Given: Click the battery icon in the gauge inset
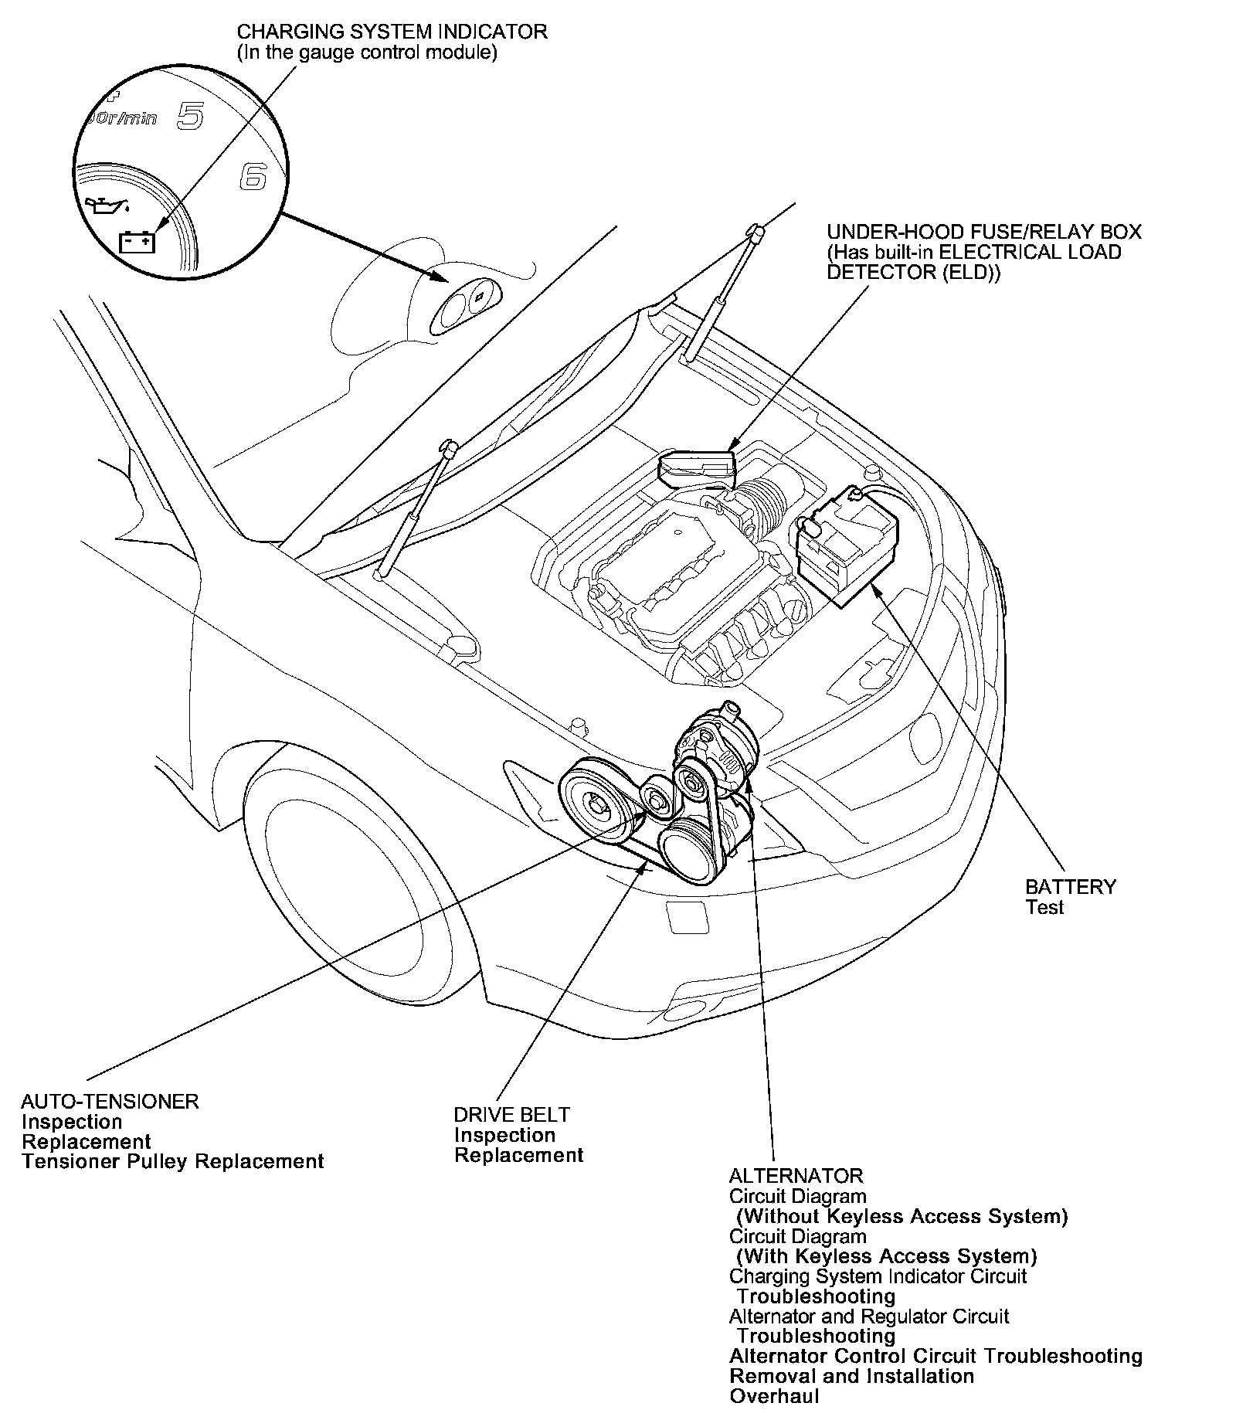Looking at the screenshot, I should (x=138, y=243).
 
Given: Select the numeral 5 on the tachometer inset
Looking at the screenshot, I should (x=190, y=116).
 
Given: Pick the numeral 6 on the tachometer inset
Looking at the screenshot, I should (x=253, y=177).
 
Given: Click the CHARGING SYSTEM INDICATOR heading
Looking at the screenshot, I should (x=392, y=32).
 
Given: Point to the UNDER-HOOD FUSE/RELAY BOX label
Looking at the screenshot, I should (x=983, y=232).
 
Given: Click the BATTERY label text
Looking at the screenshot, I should (x=1070, y=887).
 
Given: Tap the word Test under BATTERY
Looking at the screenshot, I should (x=1044, y=907).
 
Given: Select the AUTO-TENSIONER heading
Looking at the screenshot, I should (x=110, y=1102).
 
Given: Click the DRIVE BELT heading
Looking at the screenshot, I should (x=511, y=1115).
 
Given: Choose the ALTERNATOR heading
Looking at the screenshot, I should (x=796, y=1176).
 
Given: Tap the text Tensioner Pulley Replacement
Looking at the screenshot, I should (x=172, y=1162).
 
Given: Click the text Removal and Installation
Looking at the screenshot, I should (x=851, y=1376).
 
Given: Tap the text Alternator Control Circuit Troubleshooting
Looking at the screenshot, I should (x=935, y=1356).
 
